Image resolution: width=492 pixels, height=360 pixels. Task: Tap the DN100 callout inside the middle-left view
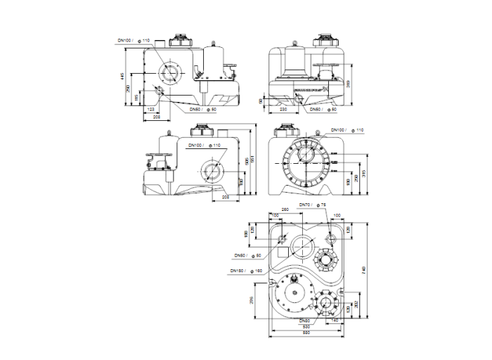(200, 145)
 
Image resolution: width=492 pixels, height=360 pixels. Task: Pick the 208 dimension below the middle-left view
(226, 198)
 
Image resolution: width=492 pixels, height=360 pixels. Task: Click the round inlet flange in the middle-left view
(211, 170)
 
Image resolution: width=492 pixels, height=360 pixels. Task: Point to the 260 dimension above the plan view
(285, 210)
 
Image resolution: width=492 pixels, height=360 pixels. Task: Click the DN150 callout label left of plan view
(241, 270)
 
